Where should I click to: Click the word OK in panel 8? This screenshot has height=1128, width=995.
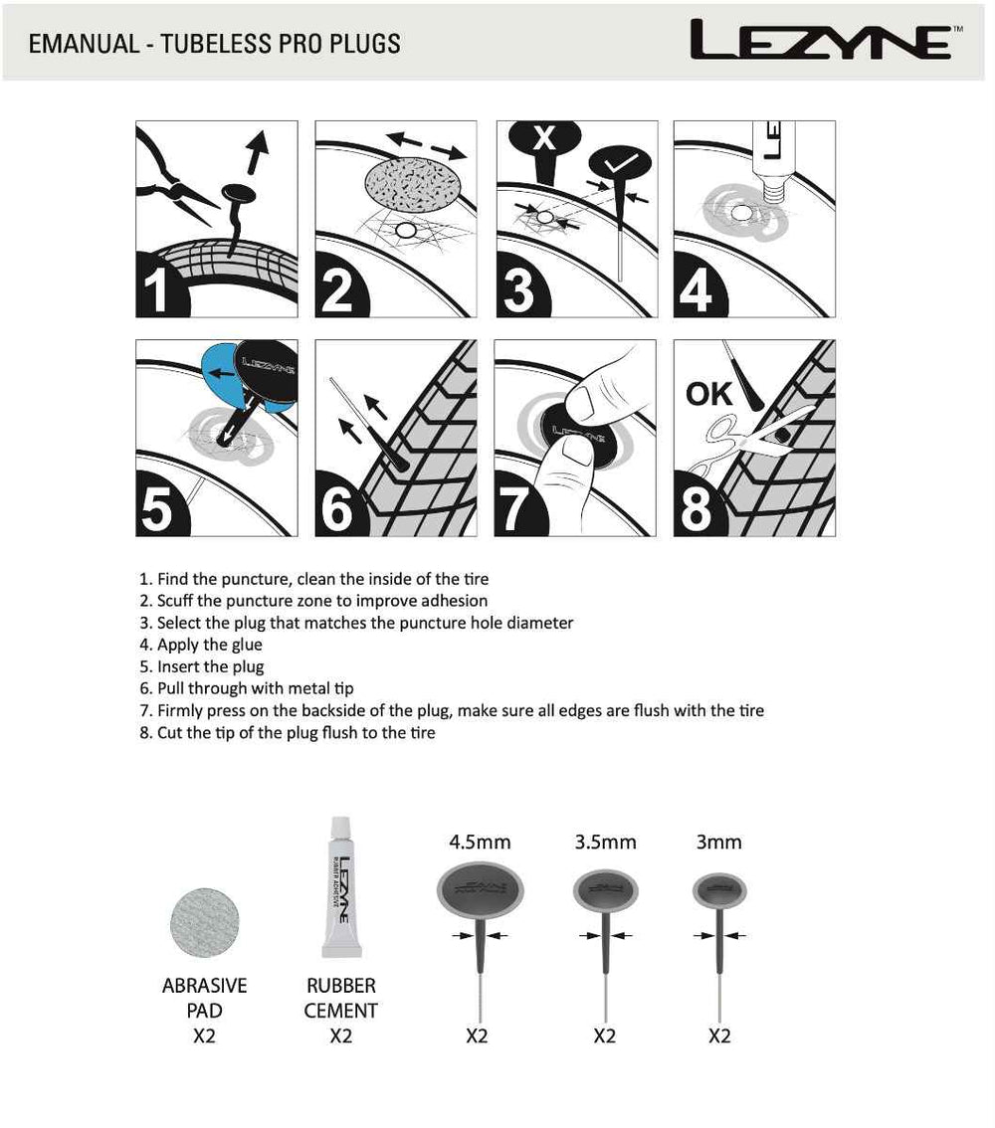[x=708, y=395]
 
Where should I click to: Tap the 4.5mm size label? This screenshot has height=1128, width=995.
[x=480, y=843]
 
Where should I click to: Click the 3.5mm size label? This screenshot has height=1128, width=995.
[x=605, y=843]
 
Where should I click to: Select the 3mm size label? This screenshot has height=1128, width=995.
[x=719, y=843]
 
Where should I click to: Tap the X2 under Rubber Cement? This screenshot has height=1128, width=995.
[x=340, y=1036]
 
